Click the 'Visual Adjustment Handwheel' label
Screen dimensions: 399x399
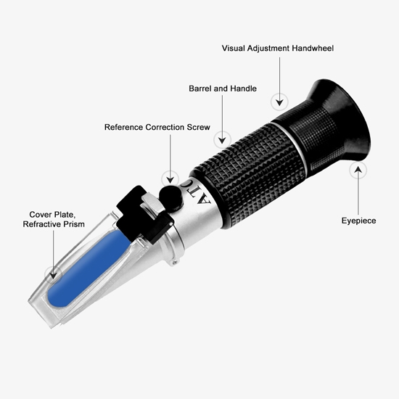277,49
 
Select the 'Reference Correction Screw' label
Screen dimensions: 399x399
157,127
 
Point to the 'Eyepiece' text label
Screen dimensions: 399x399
358,221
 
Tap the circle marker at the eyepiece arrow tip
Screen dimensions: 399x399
358,170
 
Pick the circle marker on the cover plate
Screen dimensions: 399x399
50,273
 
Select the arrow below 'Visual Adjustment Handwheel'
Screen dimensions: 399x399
277,76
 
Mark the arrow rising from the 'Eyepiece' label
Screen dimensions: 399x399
358,192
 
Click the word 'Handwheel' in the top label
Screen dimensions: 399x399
312,49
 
